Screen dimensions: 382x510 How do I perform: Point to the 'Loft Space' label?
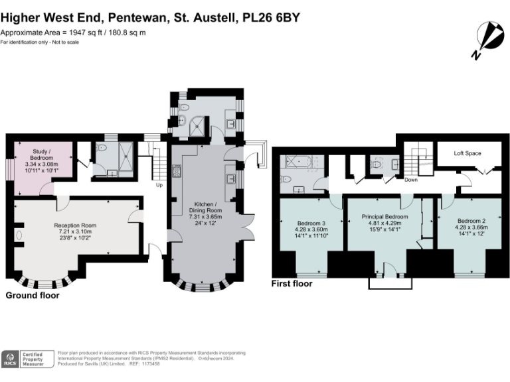click(467, 153)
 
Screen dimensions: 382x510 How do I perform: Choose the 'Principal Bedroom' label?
click(384, 217)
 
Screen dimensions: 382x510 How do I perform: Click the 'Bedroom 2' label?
click(471, 220)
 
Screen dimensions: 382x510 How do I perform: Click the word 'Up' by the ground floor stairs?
click(159, 185)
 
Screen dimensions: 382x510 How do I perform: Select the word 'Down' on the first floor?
click(411, 179)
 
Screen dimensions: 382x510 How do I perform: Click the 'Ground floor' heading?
click(33, 295)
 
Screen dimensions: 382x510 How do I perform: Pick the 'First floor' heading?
click(292, 283)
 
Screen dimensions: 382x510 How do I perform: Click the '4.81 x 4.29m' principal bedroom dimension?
click(384, 223)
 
